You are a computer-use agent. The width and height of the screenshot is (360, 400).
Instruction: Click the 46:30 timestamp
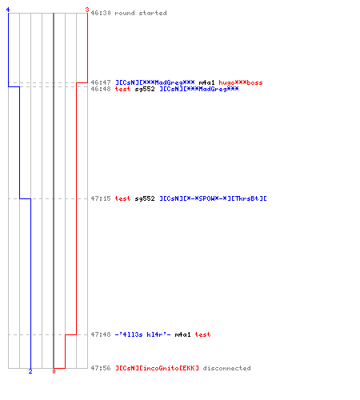point(101,13)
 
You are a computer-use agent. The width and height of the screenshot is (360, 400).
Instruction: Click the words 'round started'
point(141,13)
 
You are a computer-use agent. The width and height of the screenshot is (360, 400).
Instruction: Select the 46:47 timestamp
point(101,82)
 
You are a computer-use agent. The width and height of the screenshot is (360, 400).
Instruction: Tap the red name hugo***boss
point(241,82)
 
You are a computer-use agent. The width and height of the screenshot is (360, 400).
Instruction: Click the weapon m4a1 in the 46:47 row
point(206,82)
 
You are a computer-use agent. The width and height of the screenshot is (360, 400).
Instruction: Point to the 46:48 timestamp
point(101,89)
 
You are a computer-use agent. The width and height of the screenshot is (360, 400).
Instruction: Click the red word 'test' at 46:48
point(122,89)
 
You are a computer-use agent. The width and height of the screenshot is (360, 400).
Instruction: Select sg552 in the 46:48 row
point(145,89)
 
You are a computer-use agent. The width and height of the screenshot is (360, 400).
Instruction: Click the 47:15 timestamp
point(101,198)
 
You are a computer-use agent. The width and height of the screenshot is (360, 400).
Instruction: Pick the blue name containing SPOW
point(213,198)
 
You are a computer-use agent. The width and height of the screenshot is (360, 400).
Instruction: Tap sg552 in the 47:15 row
point(145,198)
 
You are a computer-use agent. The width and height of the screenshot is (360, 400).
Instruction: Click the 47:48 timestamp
point(101,334)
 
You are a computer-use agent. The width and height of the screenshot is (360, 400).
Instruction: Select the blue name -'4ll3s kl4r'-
point(142,334)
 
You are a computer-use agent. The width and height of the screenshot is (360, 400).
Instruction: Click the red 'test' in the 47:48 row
point(202,334)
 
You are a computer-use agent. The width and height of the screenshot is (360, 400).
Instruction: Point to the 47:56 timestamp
point(101,368)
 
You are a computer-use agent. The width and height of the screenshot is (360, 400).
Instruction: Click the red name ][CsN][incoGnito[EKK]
point(157,368)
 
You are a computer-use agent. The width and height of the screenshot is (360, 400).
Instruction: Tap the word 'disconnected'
point(226,368)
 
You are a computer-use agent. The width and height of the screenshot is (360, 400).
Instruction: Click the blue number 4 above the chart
point(8,10)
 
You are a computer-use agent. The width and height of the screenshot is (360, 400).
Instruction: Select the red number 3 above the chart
point(87,10)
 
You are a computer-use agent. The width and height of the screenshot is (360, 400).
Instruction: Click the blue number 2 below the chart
point(30,371)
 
